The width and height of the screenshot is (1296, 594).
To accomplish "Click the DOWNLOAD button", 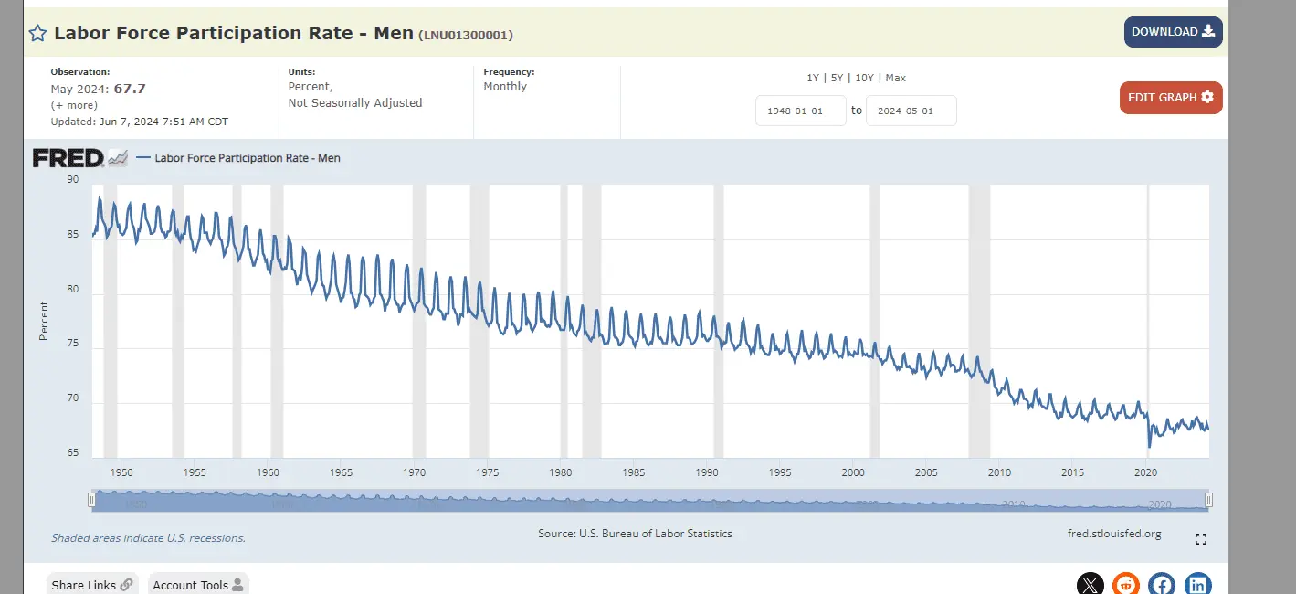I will click(1173, 32).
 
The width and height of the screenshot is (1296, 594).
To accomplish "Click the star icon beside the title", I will click(37, 34).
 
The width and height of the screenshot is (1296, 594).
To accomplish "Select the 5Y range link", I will click(837, 78).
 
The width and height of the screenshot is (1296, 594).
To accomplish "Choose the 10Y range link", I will click(864, 78).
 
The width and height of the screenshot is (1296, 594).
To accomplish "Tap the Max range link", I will click(895, 78).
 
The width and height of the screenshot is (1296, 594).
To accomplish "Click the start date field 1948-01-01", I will click(800, 111).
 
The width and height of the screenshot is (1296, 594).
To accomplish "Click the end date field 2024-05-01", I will click(911, 111).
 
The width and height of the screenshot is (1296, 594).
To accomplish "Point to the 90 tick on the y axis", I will click(73, 180).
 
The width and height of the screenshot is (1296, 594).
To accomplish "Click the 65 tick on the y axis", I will click(73, 454).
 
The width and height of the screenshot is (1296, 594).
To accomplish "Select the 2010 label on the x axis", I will click(999, 472).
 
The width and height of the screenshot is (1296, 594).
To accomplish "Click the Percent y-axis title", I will click(44, 321).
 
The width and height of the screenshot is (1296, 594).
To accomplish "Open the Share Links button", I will click(91, 585).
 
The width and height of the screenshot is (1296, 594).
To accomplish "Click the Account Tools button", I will click(197, 585).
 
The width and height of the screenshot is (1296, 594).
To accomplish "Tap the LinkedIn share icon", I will click(1197, 585).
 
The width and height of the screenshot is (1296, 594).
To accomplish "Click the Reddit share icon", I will click(1125, 585).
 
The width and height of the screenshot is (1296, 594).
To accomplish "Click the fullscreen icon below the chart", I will click(1201, 539).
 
